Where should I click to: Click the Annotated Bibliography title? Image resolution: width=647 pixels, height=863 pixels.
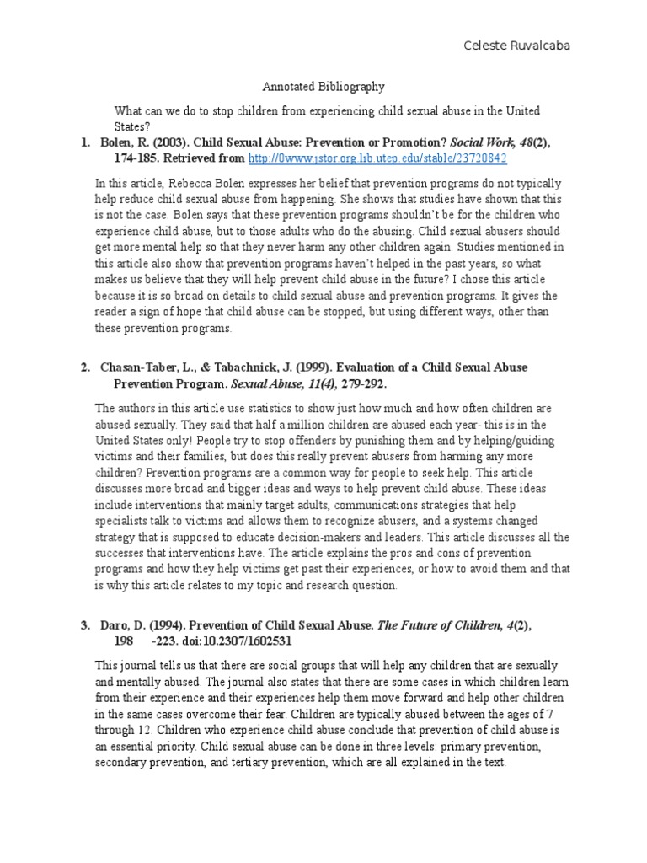coord(323,86)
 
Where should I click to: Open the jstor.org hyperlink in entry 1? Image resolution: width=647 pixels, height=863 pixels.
coord(377,158)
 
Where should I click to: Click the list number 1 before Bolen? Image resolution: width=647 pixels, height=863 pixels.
coord(85,142)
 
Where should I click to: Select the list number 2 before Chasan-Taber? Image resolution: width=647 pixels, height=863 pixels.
coord(85,368)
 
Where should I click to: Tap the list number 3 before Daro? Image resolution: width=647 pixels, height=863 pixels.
coord(85,625)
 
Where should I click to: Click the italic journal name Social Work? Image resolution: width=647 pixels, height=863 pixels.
coord(477,142)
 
